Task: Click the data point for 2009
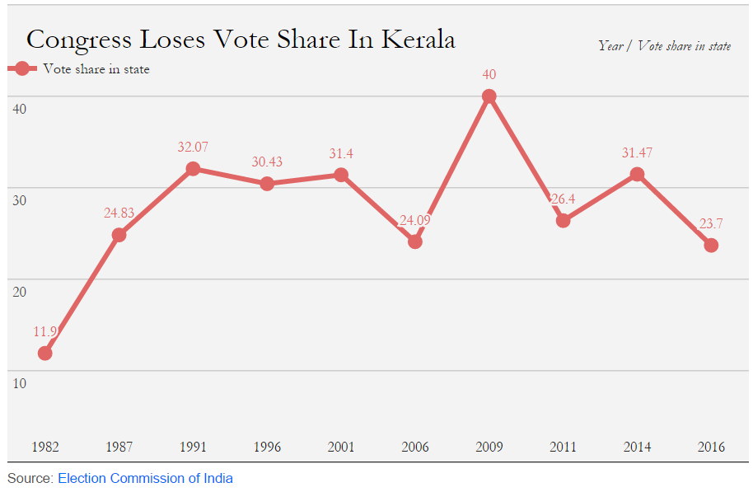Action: [x=489, y=96]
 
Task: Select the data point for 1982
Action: [x=45, y=353]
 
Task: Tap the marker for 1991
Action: [x=193, y=169]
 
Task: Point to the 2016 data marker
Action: [x=711, y=245]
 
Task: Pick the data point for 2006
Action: [x=415, y=241]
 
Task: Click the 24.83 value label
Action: [x=119, y=213]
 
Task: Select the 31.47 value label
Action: [x=637, y=152]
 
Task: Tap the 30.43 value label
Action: [x=267, y=162]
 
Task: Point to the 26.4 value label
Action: [x=565, y=199]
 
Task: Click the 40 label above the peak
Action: [x=489, y=75]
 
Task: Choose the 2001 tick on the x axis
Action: [x=341, y=447]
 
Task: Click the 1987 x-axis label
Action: [x=119, y=447]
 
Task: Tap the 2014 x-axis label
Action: [x=637, y=447]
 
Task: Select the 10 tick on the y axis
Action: [x=18, y=382]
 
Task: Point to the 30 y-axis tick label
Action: [x=18, y=199]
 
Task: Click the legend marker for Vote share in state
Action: [x=21, y=69]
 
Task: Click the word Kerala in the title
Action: [x=418, y=39]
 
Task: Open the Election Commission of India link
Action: [x=145, y=478]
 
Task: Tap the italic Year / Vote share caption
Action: [x=664, y=46]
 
